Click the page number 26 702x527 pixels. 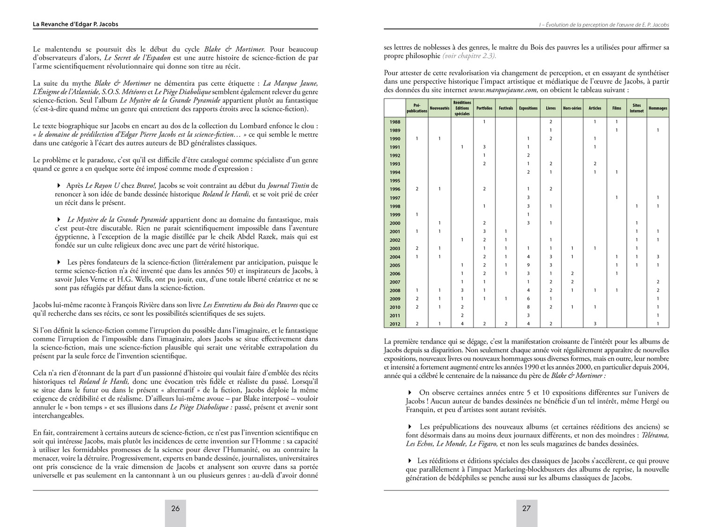(175, 508)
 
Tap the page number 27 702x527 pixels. (526, 508)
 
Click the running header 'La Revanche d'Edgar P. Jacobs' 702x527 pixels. (75, 24)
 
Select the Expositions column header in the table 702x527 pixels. (528, 108)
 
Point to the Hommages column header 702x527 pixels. (658, 108)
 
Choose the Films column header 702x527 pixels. (616, 108)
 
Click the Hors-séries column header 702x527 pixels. (572, 108)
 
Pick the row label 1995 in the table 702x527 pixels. (395, 181)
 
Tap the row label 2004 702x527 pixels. (395, 257)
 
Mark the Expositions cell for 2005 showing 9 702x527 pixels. (528, 265)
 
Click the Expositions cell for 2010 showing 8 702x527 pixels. (528, 307)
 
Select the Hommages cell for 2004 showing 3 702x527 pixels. (658, 257)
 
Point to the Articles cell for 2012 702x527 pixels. (595, 324)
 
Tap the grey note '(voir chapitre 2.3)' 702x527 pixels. (469, 56)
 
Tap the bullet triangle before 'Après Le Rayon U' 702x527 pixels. (59, 186)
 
